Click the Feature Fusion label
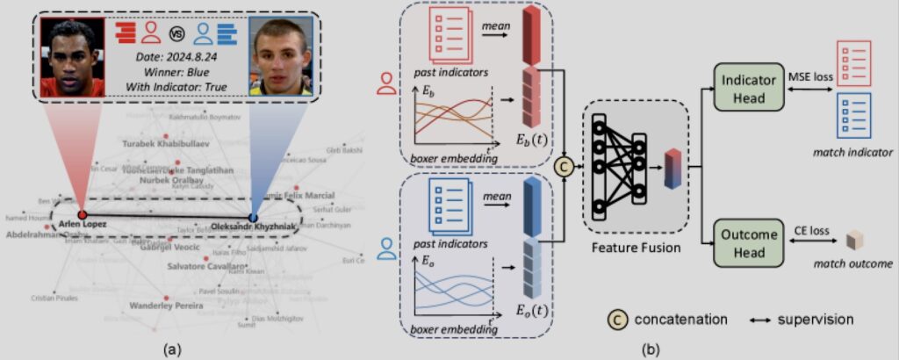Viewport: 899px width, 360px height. [636, 248]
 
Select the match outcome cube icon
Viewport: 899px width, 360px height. [852, 241]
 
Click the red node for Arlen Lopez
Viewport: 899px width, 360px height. [81, 213]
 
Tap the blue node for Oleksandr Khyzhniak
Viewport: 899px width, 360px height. [253, 217]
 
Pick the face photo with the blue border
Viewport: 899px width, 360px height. [281, 58]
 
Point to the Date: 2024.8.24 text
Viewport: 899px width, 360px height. [176, 57]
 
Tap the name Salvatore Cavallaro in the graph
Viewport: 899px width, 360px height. [204, 266]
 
